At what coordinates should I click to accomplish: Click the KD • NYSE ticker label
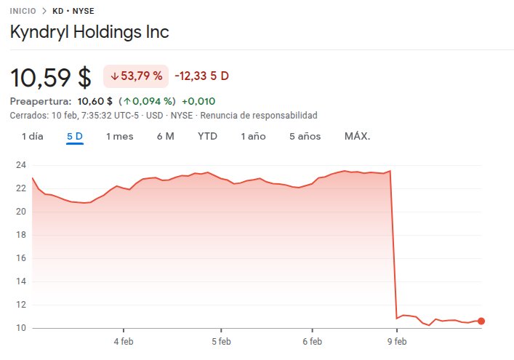[73, 12]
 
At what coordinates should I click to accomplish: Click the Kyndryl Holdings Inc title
[89, 33]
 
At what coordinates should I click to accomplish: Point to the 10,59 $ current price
[51, 77]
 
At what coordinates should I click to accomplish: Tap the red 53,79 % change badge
[136, 76]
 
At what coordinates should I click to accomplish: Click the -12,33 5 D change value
[202, 76]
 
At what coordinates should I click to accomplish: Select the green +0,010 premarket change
[198, 101]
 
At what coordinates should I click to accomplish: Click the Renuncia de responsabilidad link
[259, 115]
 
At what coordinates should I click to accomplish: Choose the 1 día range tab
[33, 136]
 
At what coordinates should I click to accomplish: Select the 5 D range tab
[75, 136]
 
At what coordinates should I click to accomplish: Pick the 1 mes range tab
[120, 136]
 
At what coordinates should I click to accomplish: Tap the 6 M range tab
[165, 136]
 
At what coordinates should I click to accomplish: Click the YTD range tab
[208, 136]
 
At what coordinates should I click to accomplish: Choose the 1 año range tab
[254, 136]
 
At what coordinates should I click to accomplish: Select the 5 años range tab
[305, 136]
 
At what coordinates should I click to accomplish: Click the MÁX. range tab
[358, 136]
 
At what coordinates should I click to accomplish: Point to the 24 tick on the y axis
[22, 164]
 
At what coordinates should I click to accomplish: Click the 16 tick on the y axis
[22, 258]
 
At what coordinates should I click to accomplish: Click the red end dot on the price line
[481, 321]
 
